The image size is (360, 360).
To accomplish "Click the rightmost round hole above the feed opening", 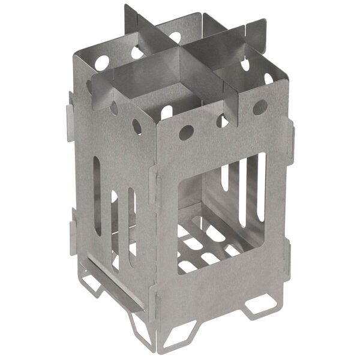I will tap(259, 107).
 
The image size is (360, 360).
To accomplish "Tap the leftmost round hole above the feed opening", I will tap(185, 133).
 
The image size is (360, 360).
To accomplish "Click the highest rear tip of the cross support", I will tap(128, 12).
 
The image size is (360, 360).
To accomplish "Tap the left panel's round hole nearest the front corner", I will tap(137, 127).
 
